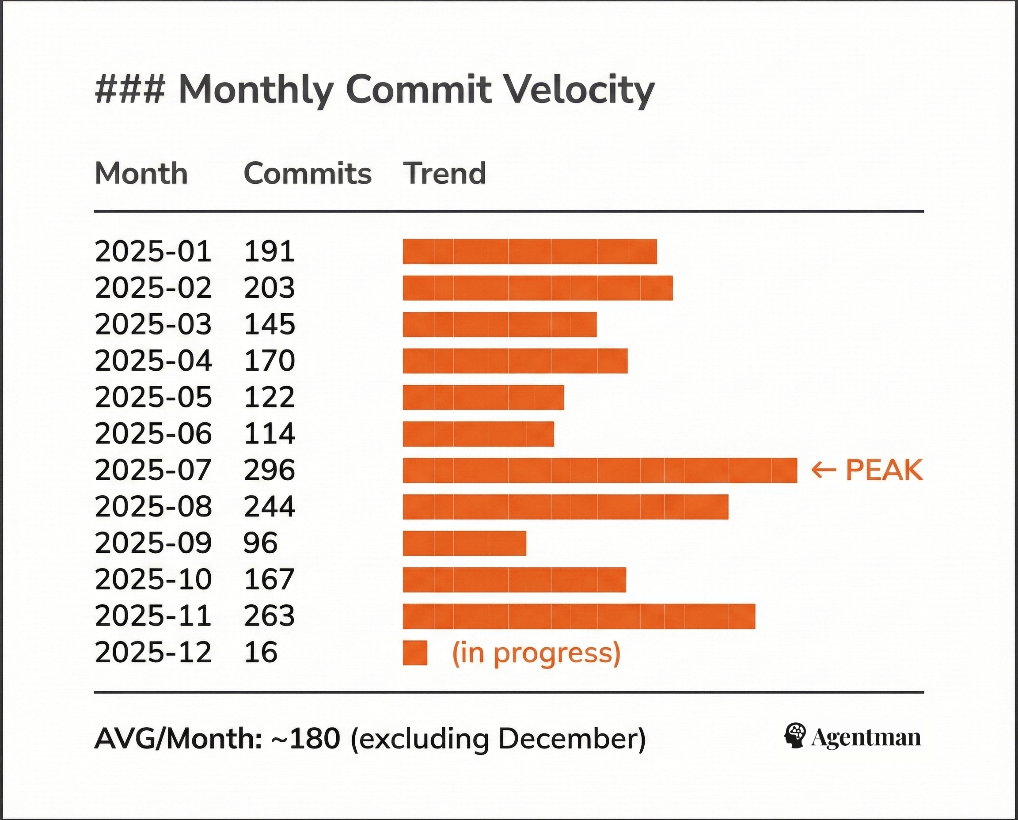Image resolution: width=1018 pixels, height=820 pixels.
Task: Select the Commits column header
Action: [308, 173]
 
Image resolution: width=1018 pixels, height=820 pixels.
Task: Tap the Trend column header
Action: [444, 173]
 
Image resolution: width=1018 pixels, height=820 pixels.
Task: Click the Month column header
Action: [141, 173]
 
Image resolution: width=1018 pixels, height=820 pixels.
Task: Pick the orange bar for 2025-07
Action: [600, 471]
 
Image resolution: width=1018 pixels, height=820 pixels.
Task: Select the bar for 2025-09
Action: [464, 543]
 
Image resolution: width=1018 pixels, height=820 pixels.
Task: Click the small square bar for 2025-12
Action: [415, 653]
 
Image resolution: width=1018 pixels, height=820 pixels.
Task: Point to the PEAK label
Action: [884, 471]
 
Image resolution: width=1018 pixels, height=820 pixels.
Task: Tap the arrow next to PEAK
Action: [824, 471]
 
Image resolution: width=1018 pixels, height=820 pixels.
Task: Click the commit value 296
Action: [269, 471]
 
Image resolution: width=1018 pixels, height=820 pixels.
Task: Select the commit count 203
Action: [269, 288]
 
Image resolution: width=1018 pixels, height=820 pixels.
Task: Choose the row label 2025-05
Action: [153, 397]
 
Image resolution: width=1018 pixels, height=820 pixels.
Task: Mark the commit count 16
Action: [260, 653]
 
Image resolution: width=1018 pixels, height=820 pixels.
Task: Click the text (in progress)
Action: [536, 654]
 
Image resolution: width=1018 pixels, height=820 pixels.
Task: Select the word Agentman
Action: [866, 738]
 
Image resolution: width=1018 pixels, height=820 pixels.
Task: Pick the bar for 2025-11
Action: [579, 616]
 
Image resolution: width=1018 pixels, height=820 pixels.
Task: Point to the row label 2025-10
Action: [153, 580]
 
